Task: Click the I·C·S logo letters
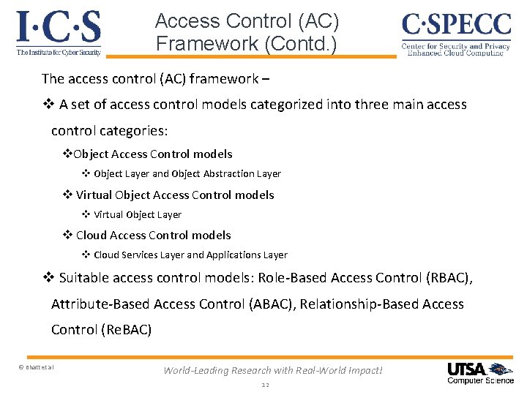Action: coord(58,27)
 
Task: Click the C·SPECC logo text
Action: coord(456,26)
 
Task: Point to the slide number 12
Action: coord(265,385)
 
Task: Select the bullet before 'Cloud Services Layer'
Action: coord(85,255)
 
